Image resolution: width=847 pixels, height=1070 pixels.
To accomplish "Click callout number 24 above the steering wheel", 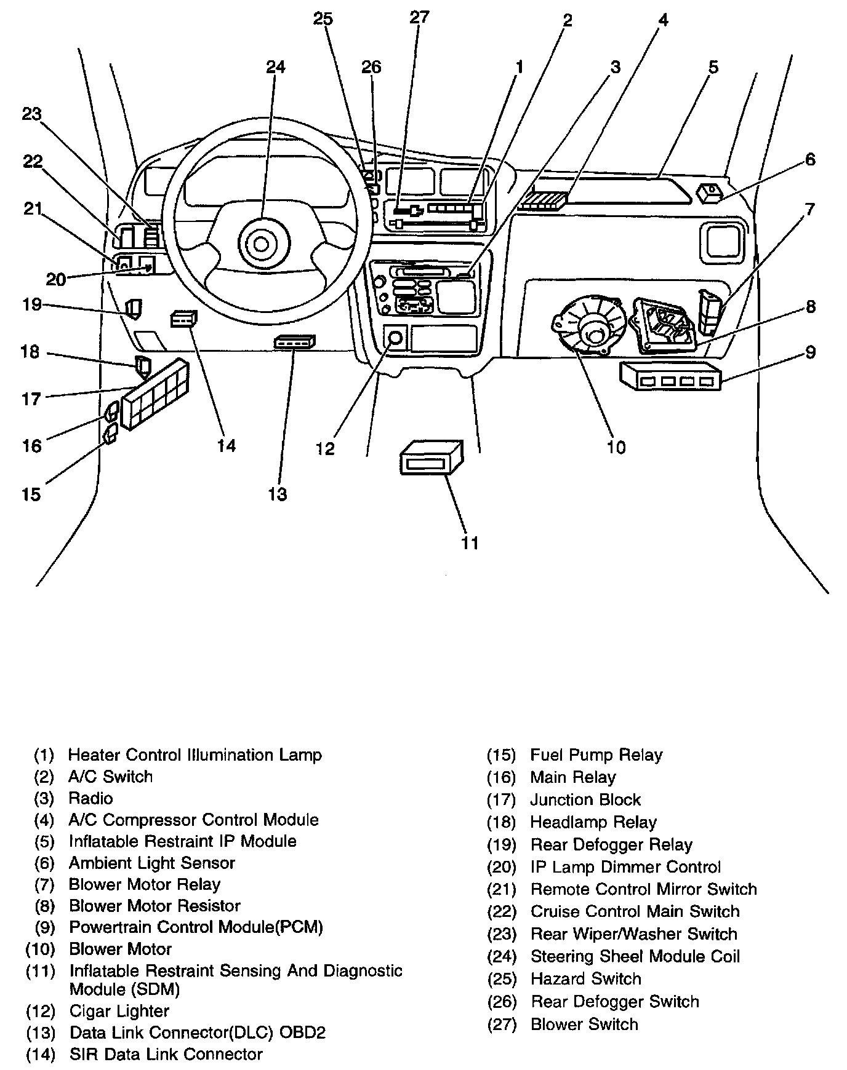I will pyautogui.click(x=276, y=66).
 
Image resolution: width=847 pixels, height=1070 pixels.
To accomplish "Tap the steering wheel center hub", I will pyautogui.click(x=261, y=245).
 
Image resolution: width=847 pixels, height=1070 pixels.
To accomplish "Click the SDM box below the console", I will pyautogui.click(x=431, y=457).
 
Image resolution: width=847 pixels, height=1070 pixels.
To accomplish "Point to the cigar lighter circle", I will pyautogui.click(x=395, y=338).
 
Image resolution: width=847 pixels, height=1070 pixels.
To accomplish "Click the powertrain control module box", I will pyautogui.click(x=670, y=375).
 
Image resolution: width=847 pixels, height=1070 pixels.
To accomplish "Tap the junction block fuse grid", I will pyautogui.click(x=155, y=394).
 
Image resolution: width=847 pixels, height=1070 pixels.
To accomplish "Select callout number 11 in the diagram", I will pyautogui.click(x=470, y=542).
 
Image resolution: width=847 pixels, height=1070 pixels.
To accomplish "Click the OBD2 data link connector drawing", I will pyautogui.click(x=294, y=342).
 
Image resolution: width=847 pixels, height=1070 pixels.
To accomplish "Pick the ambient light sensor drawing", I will pyautogui.click(x=710, y=193).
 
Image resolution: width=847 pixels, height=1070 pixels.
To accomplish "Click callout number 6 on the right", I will pyautogui.click(x=810, y=159).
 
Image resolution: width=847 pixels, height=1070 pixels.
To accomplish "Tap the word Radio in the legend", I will pyautogui.click(x=90, y=798).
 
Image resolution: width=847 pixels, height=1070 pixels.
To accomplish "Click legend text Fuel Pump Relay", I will pyautogui.click(x=596, y=755).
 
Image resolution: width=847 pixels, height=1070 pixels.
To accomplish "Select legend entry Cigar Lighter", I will pyautogui.click(x=119, y=1011).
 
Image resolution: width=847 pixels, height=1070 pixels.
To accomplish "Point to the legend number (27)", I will pyautogui.click(x=501, y=1024).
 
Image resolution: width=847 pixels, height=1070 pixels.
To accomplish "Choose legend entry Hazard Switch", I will pyautogui.click(x=585, y=979).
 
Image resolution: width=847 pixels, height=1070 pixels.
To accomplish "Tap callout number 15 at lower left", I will pyautogui.click(x=31, y=494).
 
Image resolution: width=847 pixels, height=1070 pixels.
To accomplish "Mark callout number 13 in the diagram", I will pyautogui.click(x=278, y=494).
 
